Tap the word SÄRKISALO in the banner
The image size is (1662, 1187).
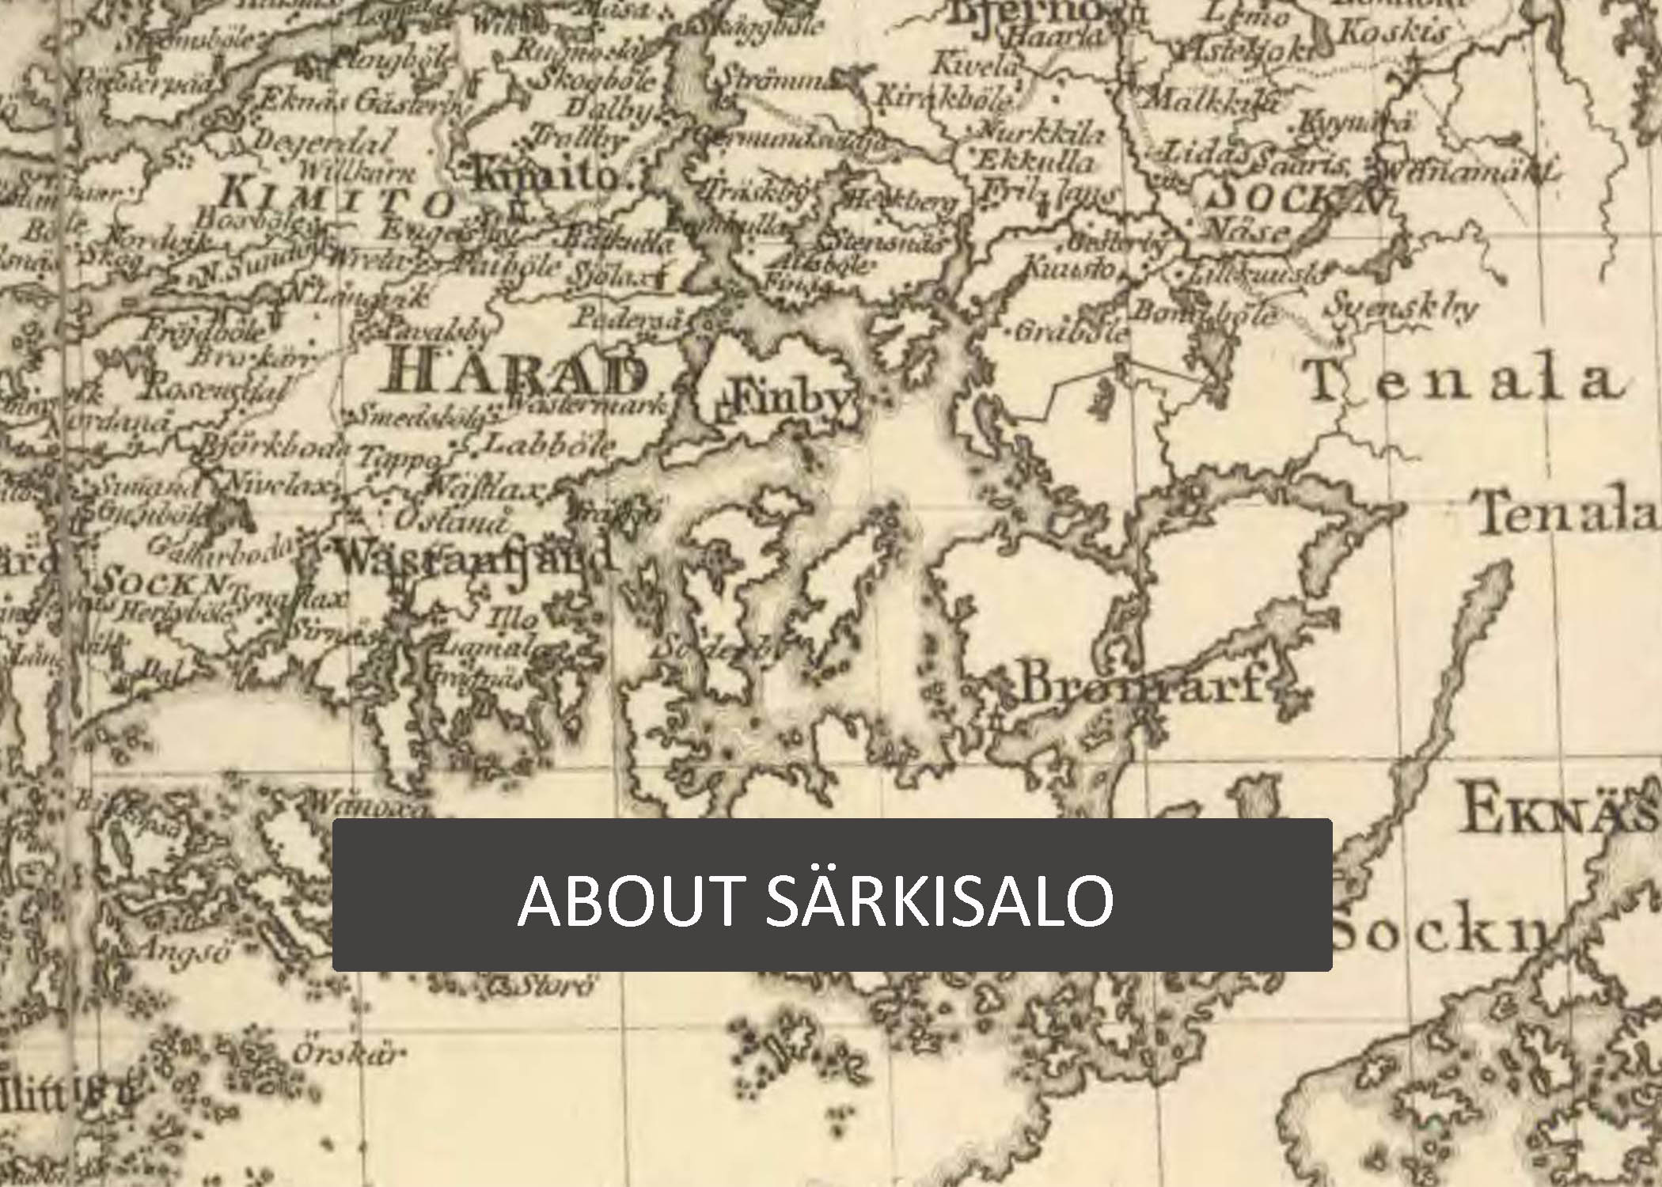939,899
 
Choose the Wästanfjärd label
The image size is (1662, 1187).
475,558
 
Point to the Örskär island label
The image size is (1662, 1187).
349,1055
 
